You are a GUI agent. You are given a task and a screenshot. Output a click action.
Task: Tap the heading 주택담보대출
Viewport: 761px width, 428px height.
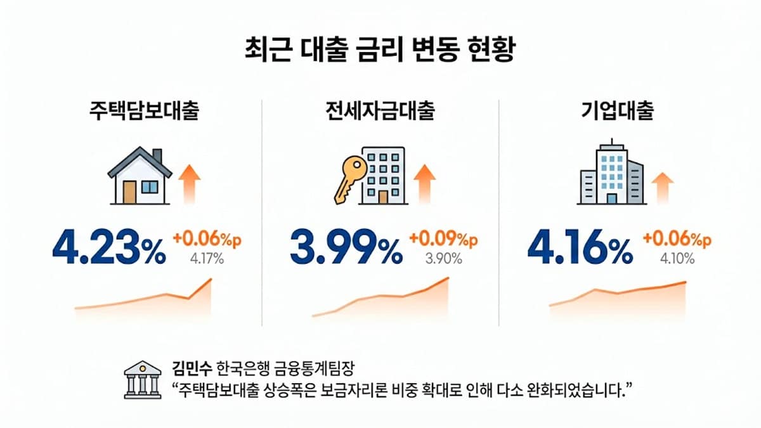coord(143,112)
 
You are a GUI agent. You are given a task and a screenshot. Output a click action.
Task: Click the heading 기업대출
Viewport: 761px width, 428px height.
coord(617,112)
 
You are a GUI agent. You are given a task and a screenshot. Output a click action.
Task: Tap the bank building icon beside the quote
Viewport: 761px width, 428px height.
coord(142,380)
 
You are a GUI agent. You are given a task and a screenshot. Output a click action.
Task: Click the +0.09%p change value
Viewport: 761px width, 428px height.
coord(444,239)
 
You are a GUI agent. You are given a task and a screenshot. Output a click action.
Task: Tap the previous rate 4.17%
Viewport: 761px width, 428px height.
coord(207,259)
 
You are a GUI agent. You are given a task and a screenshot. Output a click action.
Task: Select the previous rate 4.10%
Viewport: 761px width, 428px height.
coord(677,259)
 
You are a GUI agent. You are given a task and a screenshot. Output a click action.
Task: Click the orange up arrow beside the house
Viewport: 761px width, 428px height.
coord(189,183)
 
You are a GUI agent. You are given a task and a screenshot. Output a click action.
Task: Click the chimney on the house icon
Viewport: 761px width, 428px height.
coord(157,156)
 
